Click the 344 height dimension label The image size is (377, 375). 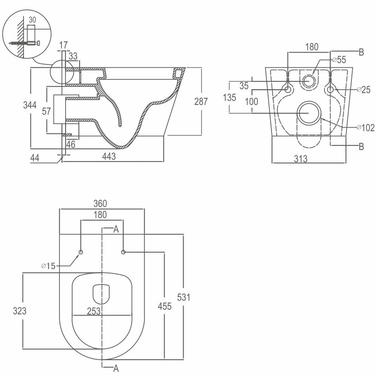click(30, 105)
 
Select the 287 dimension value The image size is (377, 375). click(201, 102)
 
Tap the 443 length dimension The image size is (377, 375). click(109, 157)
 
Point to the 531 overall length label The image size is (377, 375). click(184, 297)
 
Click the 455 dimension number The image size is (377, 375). click(165, 306)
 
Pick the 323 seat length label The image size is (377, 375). click(20, 311)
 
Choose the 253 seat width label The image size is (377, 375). click(94, 311)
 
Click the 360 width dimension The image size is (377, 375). click(100, 204)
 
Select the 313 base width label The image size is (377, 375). click(301, 159)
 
